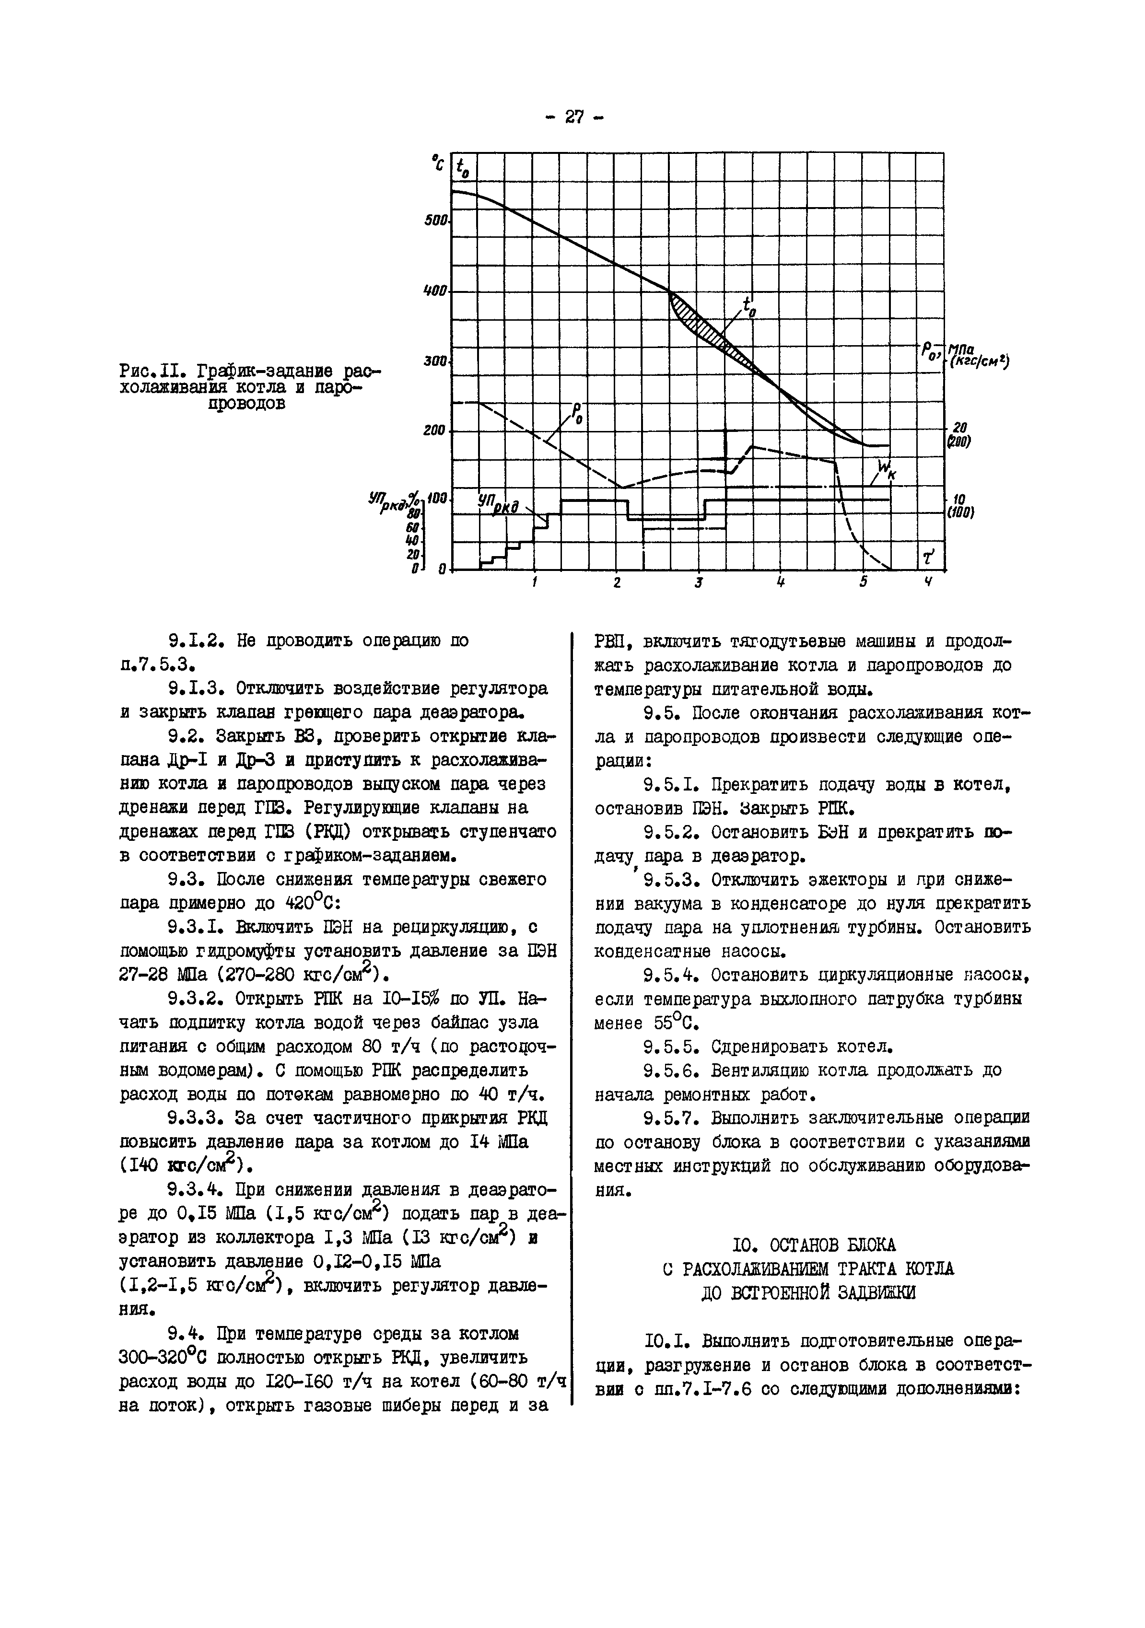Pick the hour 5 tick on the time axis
pyautogui.click(x=864, y=583)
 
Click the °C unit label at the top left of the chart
pyautogui.click(x=437, y=164)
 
